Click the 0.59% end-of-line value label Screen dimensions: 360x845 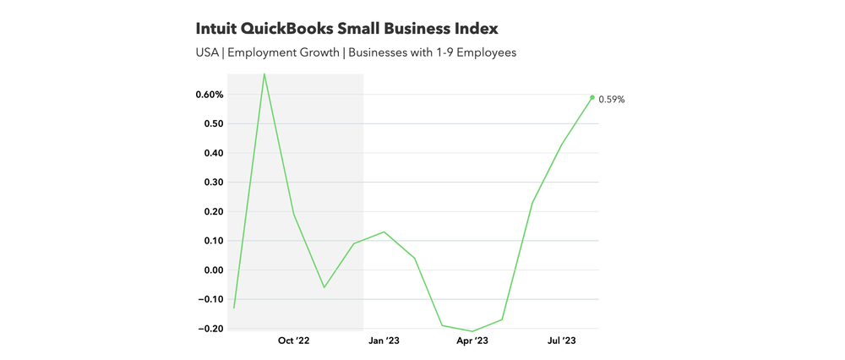(612, 99)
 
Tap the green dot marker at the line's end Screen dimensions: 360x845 (591, 97)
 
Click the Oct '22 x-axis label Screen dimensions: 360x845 (293, 341)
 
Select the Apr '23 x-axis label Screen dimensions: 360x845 (472, 341)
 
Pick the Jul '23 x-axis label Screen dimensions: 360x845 (562, 341)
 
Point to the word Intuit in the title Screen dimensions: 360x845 (216, 29)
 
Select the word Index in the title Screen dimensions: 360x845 (475, 29)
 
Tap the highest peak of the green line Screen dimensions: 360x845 (264, 74)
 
